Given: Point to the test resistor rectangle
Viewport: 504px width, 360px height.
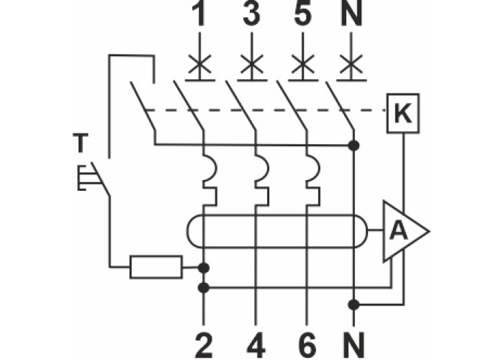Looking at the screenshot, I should tap(156, 267).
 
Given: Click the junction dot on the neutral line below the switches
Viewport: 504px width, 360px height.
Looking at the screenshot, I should tap(354, 145).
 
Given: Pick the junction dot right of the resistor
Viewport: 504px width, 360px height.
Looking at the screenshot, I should tap(204, 268).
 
